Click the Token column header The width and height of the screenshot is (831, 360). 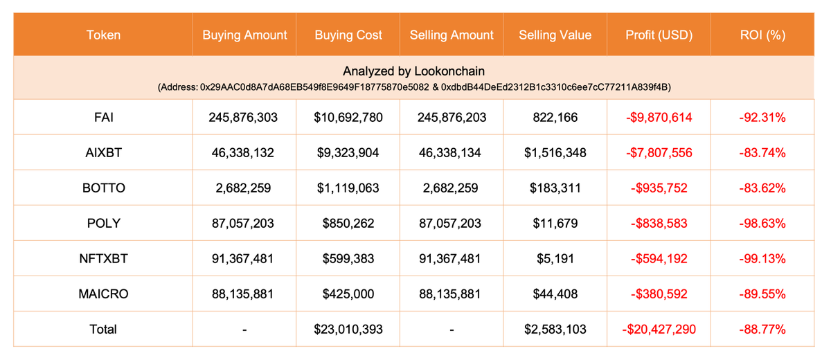102,35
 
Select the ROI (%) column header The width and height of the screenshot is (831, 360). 762,35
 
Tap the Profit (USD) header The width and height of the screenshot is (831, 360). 658,35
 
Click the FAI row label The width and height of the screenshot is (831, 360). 102,118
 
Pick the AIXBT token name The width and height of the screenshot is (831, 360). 102,153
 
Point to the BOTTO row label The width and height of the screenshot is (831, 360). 102,188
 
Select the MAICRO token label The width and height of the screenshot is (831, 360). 102,294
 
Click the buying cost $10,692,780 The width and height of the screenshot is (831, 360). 348,118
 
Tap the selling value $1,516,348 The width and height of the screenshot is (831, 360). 555,153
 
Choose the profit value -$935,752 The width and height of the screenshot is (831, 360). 658,188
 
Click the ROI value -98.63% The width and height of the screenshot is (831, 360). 762,223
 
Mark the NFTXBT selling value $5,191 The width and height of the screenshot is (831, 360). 555,258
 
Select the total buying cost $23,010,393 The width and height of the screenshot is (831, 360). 348,329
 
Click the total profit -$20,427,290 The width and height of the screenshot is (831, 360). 658,329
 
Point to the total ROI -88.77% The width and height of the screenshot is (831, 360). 762,329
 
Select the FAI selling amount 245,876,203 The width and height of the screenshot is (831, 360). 452,118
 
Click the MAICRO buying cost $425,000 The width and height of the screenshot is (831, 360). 348,294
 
